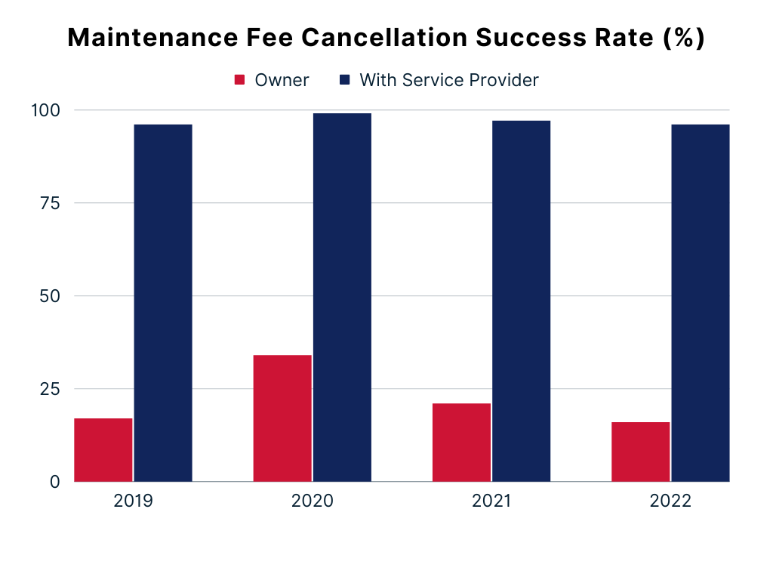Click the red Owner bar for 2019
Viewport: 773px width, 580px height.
click(103, 449)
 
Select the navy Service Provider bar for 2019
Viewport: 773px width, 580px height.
click(163, 302)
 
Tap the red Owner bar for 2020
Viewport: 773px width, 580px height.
click(282, 418)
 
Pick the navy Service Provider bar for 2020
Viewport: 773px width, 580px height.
click(342, 297)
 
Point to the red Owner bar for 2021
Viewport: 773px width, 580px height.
click(461, 442)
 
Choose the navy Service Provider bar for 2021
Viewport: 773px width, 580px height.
click(521, 301)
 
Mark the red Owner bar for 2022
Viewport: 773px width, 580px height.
click(640, 451)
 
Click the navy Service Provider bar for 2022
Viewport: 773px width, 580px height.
click(701, 302)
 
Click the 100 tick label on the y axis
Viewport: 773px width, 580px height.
click(45, 110)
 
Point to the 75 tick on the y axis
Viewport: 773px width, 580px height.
click(50, 203)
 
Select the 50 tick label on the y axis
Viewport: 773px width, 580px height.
click(50, 296)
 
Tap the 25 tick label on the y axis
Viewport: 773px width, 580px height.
click(50, 389)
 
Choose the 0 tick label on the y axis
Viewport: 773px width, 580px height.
click(55, 482)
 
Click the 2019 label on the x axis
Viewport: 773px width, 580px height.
click(133, 501)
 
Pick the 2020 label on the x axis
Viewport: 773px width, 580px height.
click(312, 501)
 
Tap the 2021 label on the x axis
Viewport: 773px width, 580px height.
click(491, 501)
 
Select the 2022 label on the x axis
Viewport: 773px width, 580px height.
click(670, 501)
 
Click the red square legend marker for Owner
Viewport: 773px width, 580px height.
click(240, 80)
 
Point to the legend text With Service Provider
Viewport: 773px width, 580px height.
click(449, 80)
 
